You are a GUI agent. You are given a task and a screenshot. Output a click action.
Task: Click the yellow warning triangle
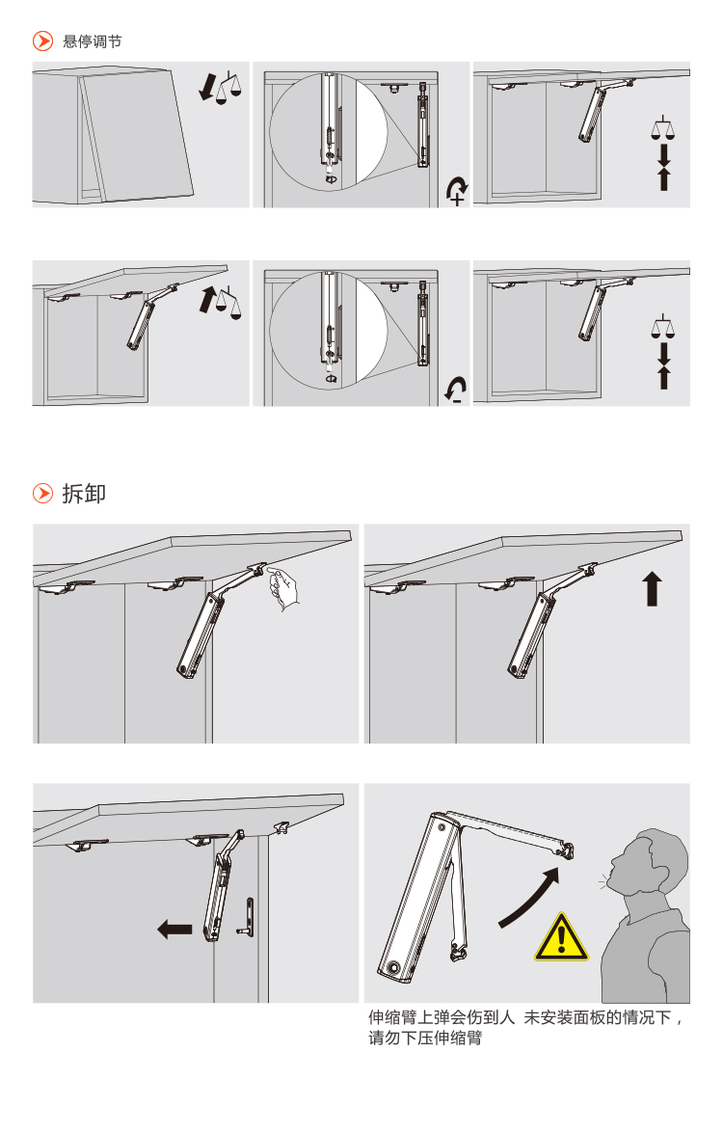click(x=561, y=938)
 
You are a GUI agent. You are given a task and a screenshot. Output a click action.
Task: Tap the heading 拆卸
click(x=84, y=494)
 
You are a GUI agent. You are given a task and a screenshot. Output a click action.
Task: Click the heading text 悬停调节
click(x=93, y=41)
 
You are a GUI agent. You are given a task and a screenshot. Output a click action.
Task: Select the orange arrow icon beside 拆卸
click(x=42, y=494)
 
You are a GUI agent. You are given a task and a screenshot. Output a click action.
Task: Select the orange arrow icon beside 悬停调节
click(x=42, y=41)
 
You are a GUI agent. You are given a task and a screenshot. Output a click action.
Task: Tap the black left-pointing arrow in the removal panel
click(x=174, y=930)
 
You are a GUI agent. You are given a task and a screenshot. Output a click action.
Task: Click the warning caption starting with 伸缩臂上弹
click(x=525, y=1028)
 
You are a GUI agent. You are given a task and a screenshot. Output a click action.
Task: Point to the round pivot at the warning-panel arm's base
click(x=393, y=967)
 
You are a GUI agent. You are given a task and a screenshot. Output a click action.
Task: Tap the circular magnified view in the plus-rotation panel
click(x=329, y=131)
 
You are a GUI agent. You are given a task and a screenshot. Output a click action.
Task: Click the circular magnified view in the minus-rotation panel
click(x=329, y=330)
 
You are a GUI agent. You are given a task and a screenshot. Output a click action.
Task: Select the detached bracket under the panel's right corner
click(x=281, y=826)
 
